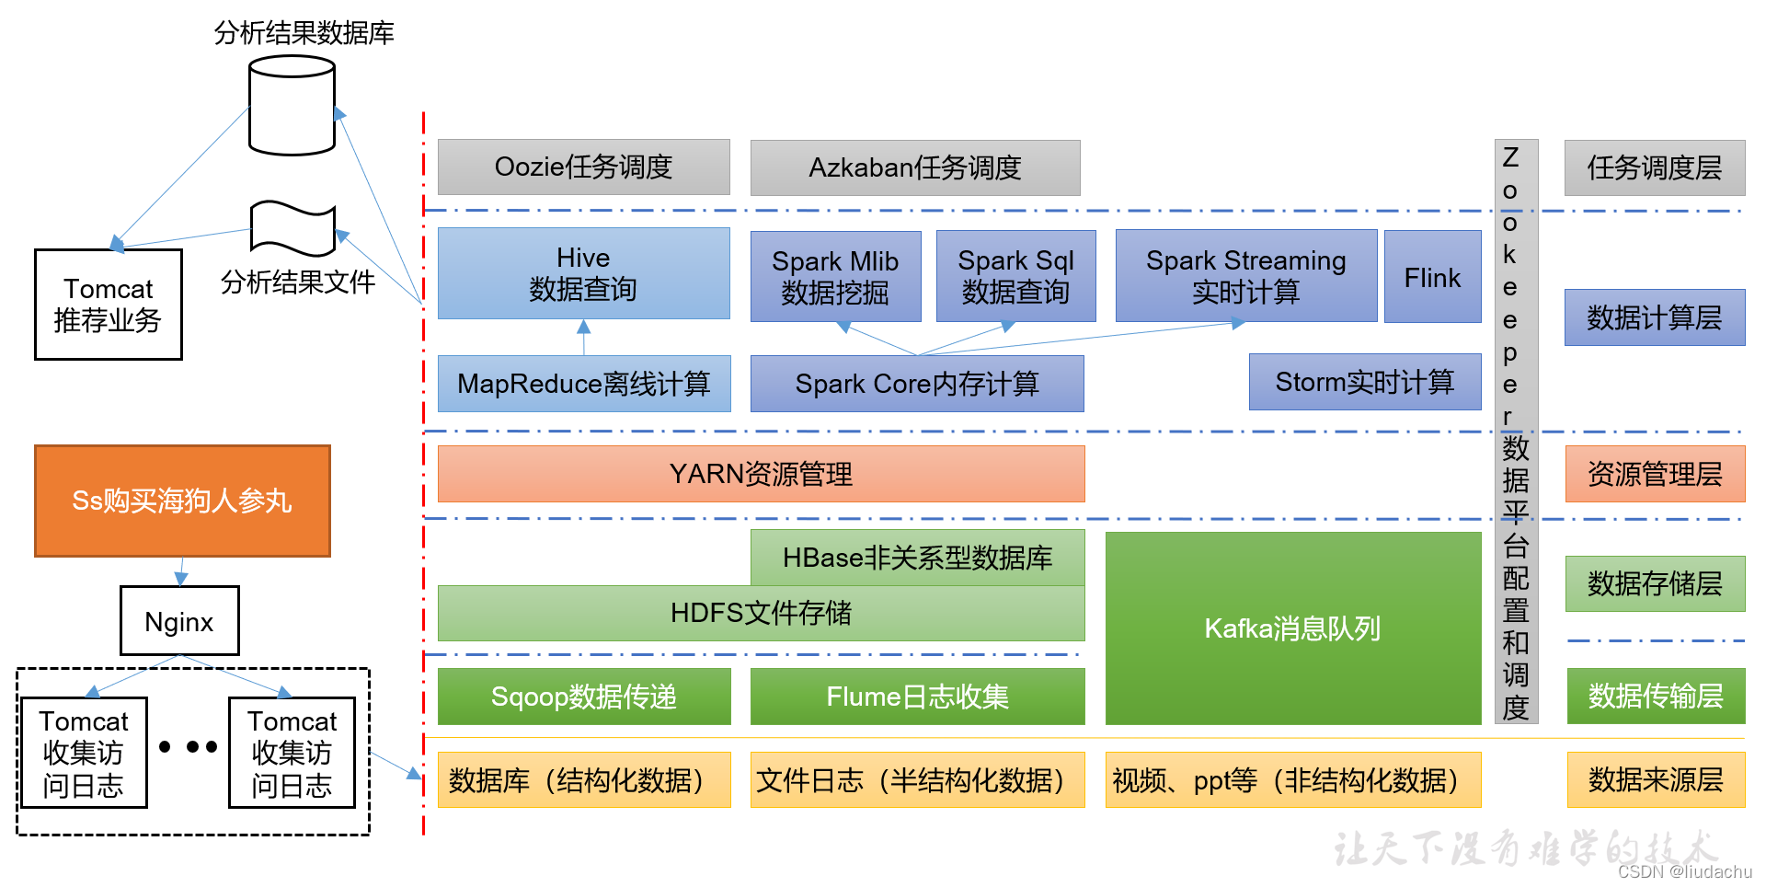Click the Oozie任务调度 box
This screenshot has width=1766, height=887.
click(x=583, y=167)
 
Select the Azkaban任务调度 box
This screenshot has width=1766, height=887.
click(x=915, y=167)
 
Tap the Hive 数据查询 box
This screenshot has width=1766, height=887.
click(x=583, y=273)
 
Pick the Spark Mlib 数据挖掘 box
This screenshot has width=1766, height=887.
click(x=835, y=276)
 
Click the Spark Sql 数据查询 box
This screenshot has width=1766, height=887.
click(x=1015, y=276)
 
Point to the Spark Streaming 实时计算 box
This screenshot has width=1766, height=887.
click(x=1245, y=276)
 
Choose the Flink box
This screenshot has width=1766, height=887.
click(x=1432, y=277)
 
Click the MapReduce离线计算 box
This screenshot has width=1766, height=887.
click(x=583, y=384)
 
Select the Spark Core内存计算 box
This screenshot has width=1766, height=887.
click(x=917, y=384)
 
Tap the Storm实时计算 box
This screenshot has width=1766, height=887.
click(x=1365, y=382)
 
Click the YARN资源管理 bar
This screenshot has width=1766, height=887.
click(x=761, y=474)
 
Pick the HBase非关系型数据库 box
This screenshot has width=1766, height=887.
click(x=917, y=558)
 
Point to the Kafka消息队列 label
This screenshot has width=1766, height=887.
click(x=1292, y=628)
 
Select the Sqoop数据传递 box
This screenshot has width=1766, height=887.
click(x=583, y=697)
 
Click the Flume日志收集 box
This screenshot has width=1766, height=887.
click(x=917, y=697)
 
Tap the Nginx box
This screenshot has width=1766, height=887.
click(x=179, y=621)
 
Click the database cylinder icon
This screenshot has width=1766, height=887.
click(x=292, y=106)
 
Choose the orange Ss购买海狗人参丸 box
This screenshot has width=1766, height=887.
click(x=182, y=501)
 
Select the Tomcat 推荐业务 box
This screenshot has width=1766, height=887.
click(x=108, y=305)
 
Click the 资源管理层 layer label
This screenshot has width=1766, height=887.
click(x=1655, y=474)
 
